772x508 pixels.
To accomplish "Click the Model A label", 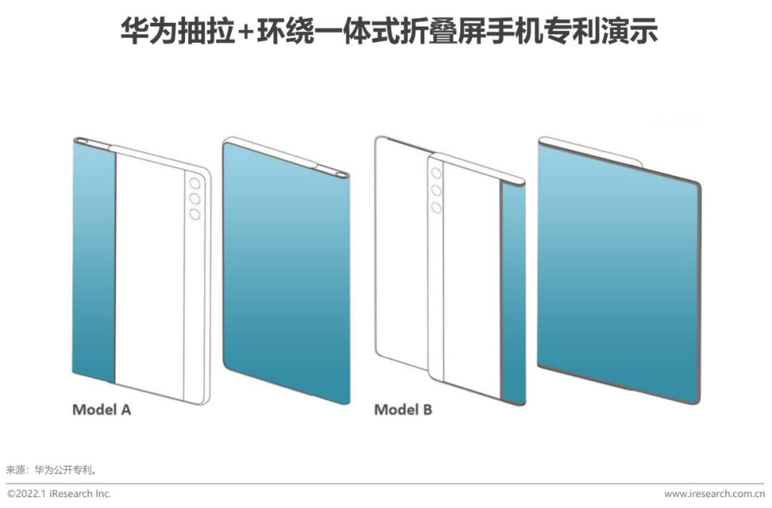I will (x=102, y=410).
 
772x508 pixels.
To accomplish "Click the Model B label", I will (x=403, y=410).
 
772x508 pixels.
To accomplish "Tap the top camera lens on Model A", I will (x=194, y=182).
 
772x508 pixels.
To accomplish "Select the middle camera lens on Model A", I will (x=194, y=198).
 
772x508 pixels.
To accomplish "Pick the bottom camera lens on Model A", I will (x=194, y=214).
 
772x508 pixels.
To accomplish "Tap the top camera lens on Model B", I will (x=436, y=174).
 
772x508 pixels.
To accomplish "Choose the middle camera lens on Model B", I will (x=436, y=190).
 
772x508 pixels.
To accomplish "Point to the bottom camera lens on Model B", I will (x=436, y=207).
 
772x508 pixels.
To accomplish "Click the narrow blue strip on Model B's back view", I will (x=513, y=293).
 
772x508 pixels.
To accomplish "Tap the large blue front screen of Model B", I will (x=618, y=275).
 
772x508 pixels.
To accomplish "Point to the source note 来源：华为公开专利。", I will (x=51, y=470).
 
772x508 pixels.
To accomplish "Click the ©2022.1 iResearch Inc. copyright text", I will (x=59, y=494).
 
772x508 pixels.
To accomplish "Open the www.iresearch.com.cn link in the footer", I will (x=714, y=494).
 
